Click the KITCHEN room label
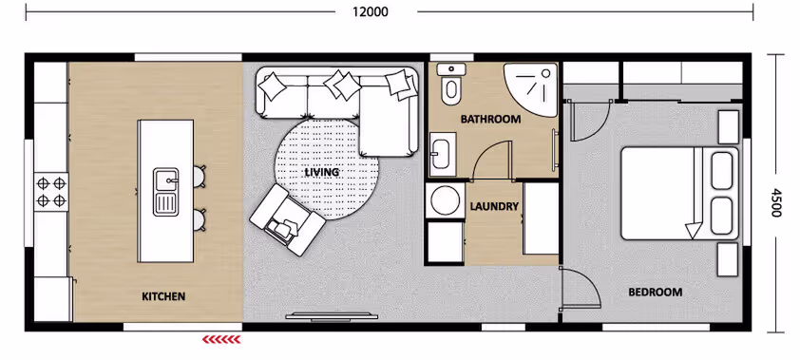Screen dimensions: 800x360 pos(163,296)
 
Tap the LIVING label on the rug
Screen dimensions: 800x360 pos(322,172)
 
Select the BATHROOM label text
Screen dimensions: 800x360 pos(491,120)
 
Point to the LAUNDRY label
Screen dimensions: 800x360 pos(494,206)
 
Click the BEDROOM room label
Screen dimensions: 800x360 pos(655,293)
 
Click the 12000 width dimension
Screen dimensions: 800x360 pos(370,11)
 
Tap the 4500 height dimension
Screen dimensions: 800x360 pos(776,202)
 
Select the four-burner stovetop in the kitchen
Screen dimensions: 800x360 pos(51,192)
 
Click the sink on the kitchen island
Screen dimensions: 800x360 pos(166,192)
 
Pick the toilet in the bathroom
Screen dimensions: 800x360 pos(451,84)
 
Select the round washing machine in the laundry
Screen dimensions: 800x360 pos(444,200)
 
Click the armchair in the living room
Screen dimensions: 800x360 pos(287,219)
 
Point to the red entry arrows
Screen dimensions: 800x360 pos(221,339)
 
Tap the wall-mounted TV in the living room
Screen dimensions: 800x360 pos(332,316)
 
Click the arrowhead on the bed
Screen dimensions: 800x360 pos(694,232)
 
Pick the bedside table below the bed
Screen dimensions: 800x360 pos(728,259)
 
